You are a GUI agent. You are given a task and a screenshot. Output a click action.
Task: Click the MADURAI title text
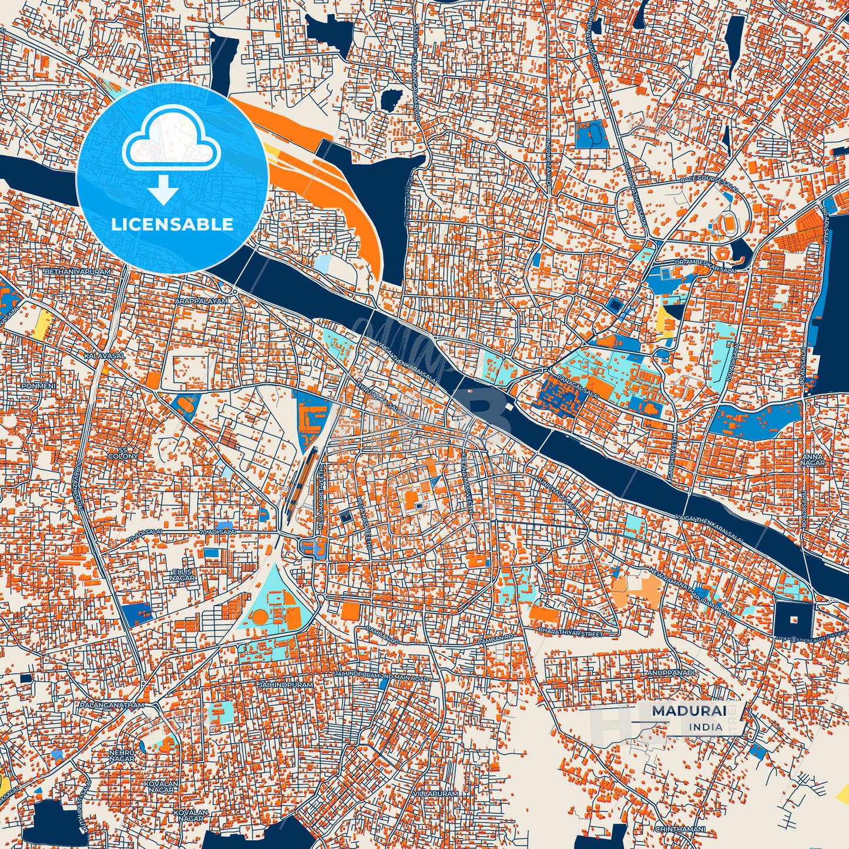point(689,710)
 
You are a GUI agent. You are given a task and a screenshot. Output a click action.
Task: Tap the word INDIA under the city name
point(706,727)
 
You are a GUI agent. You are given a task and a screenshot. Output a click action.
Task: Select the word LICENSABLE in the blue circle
point(172,224)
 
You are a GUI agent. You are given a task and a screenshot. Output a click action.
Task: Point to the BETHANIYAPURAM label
point(78,273)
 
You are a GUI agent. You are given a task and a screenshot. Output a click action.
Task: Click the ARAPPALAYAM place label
point(200,301)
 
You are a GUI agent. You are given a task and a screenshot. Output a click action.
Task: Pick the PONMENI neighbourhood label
point(38,386)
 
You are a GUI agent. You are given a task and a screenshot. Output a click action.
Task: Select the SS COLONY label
point(123,453)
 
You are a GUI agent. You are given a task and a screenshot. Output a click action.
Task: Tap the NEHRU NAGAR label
point(122,756)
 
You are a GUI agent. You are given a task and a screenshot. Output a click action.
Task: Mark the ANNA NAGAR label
point(813,459)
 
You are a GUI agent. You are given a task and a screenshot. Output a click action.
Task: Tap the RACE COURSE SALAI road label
point(707,180)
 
